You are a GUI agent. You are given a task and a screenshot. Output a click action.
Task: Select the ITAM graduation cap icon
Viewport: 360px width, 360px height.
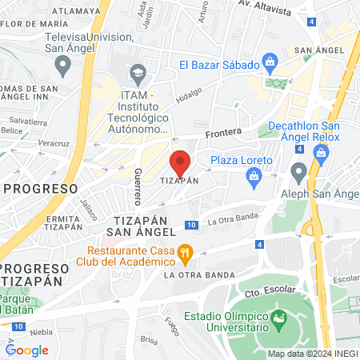coord(138,73)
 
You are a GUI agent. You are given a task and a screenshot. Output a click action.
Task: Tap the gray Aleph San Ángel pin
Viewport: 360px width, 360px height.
coord(298,170)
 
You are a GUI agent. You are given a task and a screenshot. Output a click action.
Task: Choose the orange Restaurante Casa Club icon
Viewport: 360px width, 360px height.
coord(185,254)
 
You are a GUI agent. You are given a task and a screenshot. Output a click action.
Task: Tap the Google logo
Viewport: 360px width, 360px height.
coord(27,350)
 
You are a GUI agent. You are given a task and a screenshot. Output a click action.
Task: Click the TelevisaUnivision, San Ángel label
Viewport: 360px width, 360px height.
coord(70,42)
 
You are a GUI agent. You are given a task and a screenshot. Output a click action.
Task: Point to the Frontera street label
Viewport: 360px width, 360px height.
coord(223,134)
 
